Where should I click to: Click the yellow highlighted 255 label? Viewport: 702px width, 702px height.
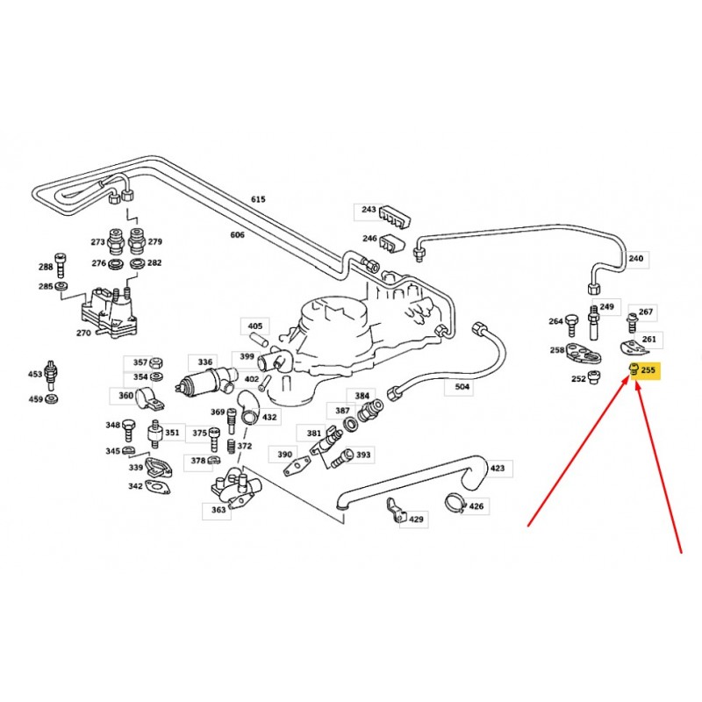[x=645, y=370]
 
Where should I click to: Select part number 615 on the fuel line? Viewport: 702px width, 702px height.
[x=258, y=199]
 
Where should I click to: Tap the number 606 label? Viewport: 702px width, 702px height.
[x=237, y=234]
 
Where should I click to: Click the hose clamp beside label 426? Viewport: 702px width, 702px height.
[x=456, y=503]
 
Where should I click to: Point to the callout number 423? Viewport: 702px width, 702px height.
[x=498, y=468]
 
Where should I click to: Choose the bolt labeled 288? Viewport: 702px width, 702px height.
[x=60, y=265]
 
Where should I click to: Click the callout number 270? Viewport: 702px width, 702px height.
[x=83, y=333]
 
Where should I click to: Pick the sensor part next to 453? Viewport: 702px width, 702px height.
[x=50, y=375]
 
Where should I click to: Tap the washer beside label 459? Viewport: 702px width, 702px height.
[x=52, y=398]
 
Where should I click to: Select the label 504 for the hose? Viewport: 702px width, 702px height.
[x=462, y=387]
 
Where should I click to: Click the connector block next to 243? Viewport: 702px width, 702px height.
[x=396, y=216]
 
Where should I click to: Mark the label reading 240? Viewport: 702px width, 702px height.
[x=635, y=258]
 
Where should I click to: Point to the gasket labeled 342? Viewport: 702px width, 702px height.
[x=158, y=487]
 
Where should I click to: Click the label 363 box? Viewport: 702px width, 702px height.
[x=218, y=510]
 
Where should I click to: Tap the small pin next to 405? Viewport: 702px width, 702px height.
[x=259, y=339]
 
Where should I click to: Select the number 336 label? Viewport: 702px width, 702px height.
[x=205, y=362]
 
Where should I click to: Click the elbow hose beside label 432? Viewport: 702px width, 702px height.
[x=247, y=407]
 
